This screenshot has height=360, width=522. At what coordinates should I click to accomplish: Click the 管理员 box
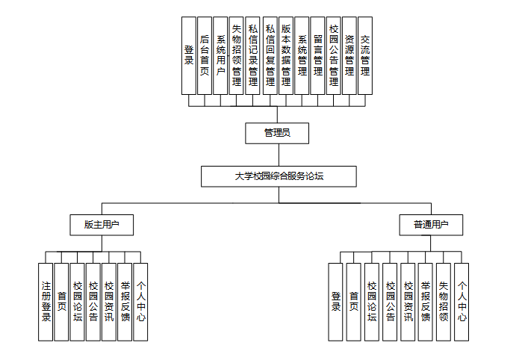[277, 133]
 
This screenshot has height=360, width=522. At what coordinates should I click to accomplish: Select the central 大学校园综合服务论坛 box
[279, 176]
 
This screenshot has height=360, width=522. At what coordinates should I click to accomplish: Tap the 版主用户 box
[102, 223]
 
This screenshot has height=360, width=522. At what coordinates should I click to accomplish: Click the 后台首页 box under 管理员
[205, 55]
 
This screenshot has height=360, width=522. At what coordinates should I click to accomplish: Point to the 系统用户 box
[220, 55]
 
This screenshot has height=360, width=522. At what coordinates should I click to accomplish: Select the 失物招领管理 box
[237, 55]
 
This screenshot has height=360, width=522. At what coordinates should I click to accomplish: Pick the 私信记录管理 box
[253, 55]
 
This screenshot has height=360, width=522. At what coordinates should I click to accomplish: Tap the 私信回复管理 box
[270, 55]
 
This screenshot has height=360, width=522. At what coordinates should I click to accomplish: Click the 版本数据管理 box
[285, 55]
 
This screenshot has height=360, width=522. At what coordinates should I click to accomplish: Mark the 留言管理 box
[317, 55]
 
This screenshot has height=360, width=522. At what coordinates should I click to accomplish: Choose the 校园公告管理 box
[333, 55]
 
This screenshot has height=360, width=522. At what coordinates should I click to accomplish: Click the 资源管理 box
[349, 55]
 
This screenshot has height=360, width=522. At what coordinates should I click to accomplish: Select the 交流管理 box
[365, 55]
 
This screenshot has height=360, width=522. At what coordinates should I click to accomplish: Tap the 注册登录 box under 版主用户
[46, 301]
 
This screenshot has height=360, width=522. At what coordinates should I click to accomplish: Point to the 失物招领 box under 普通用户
[444, 301]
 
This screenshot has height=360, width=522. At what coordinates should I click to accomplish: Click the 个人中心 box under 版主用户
[140, 301]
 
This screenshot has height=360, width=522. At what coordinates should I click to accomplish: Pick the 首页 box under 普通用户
[353, 301]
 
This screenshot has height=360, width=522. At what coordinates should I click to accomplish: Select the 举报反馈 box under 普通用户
[426, 301]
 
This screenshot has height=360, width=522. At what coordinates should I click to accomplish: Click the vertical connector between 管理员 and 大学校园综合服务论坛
[278, 155]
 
